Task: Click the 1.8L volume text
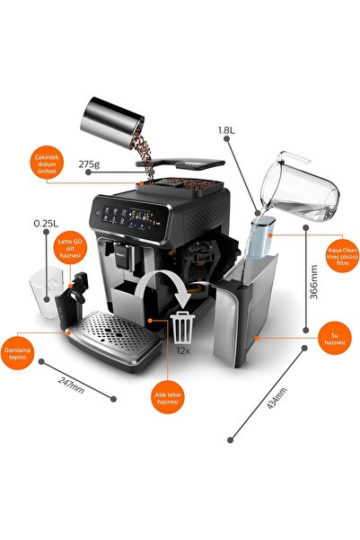(x=227, y=130)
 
